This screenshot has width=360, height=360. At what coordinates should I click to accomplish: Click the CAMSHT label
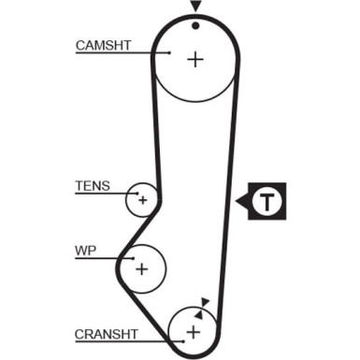[x=103, y=46]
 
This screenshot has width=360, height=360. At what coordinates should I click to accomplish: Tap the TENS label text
[x=93, y=186]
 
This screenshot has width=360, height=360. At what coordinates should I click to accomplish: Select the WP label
[x=85, y=251]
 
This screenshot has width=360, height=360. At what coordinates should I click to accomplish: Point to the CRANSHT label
[x=106, y=335]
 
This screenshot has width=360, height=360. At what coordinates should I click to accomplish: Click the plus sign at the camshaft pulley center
[x=195, y=59]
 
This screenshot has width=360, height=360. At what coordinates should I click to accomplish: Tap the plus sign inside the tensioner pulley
[x=143, y=200]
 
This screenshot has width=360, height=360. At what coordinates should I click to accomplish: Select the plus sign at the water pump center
[x=142, y=268]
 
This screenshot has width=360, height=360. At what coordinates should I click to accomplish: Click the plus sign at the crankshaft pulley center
[x=194, y=332]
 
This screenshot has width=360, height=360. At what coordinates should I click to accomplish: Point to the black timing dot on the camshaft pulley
[x=195, y=26]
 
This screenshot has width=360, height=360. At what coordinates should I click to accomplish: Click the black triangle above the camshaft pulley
[x=195, y=7]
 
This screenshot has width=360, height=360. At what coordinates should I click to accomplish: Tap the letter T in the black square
[x=267, y=202]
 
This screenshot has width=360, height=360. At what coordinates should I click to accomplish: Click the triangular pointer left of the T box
[x=242, y=201]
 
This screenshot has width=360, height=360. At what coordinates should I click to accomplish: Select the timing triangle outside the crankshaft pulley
[x=206, y=303]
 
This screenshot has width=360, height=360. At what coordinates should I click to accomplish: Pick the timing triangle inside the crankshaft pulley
[x=199, y=314]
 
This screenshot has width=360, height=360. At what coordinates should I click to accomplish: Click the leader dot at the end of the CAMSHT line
[x=169, y=52]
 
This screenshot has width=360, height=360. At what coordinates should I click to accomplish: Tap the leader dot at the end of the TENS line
[x=137, y=194]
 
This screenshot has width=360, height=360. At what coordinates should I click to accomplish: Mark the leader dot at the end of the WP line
[x=133, y=258]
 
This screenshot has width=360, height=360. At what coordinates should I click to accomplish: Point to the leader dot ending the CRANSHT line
[x=183, y=341]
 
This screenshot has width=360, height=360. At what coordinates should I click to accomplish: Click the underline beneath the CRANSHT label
[x=129, y=341]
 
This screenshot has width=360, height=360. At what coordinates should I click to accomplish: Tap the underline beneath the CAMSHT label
[x=122, y=52]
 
